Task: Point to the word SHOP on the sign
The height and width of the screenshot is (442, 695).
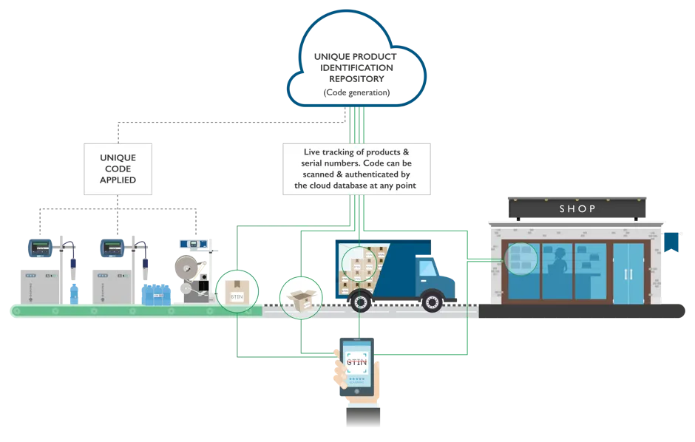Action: (x=577, y=209)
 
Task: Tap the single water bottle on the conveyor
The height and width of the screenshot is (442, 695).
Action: (x=74, y=293)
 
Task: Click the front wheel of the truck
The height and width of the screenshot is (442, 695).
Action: (x=432, y=299)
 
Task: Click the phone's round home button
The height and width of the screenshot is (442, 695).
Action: (x=359, y=390)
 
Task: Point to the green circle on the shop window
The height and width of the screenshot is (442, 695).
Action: (x=522, y=259)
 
